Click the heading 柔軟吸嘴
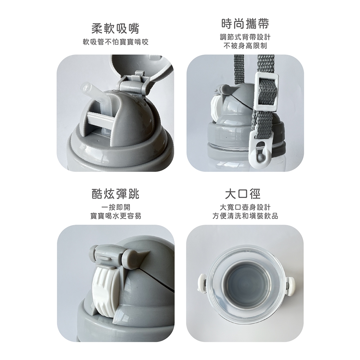116,29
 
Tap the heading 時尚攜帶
245,24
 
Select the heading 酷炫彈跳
116,194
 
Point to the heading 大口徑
243,194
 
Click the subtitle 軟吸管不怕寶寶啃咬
116,42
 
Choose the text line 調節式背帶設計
245,37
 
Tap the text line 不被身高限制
245,46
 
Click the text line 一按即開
116,207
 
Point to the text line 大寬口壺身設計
245,207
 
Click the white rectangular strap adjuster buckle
266,90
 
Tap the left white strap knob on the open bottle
201,283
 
